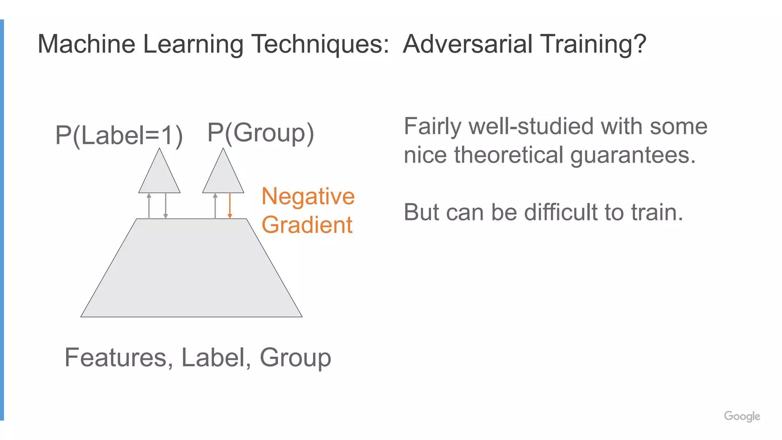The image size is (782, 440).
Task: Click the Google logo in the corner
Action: (742, 416)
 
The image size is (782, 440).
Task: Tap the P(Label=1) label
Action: (119, 135)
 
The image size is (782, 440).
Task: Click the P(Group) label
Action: (261, 133)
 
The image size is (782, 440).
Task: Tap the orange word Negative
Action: (308, 197)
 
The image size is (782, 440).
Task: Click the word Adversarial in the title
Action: (468, 44)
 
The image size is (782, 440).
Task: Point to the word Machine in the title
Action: (86, 44)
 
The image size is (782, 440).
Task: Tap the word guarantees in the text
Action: (633, 156)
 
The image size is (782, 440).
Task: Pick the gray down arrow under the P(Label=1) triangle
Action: (165, 205)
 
